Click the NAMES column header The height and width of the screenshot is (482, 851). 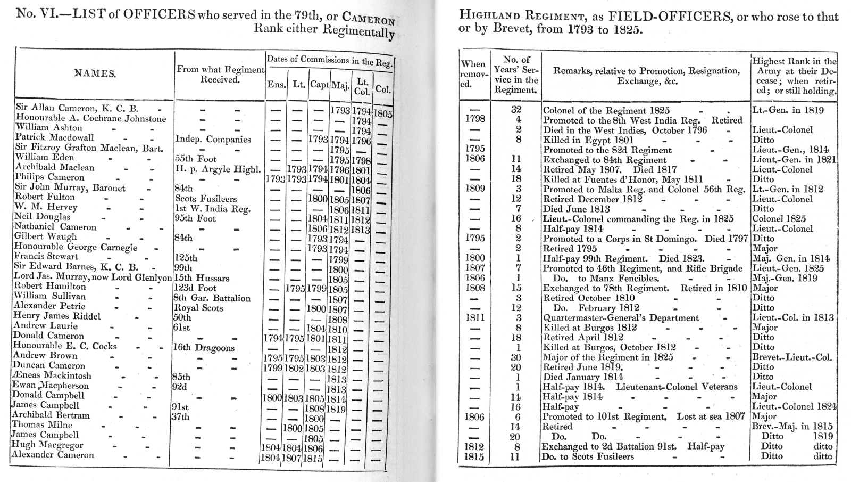click(x=95, y=74)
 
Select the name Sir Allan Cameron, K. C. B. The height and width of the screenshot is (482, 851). click(x=77, y=109)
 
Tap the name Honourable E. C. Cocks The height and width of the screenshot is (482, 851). click(x=65, y=346)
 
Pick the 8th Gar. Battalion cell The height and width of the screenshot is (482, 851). click(x=212, y=298)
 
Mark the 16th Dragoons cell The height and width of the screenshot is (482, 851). click(x=204, y=348)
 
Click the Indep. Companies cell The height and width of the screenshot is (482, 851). click(x=213, y=140)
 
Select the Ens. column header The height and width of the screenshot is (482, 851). click(x=275, y=85)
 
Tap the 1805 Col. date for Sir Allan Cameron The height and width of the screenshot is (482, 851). click(x=382, y=113)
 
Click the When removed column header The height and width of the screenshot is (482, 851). click(x=473, y=74)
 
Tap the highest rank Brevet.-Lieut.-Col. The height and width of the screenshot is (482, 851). click(x=792, y=357)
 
